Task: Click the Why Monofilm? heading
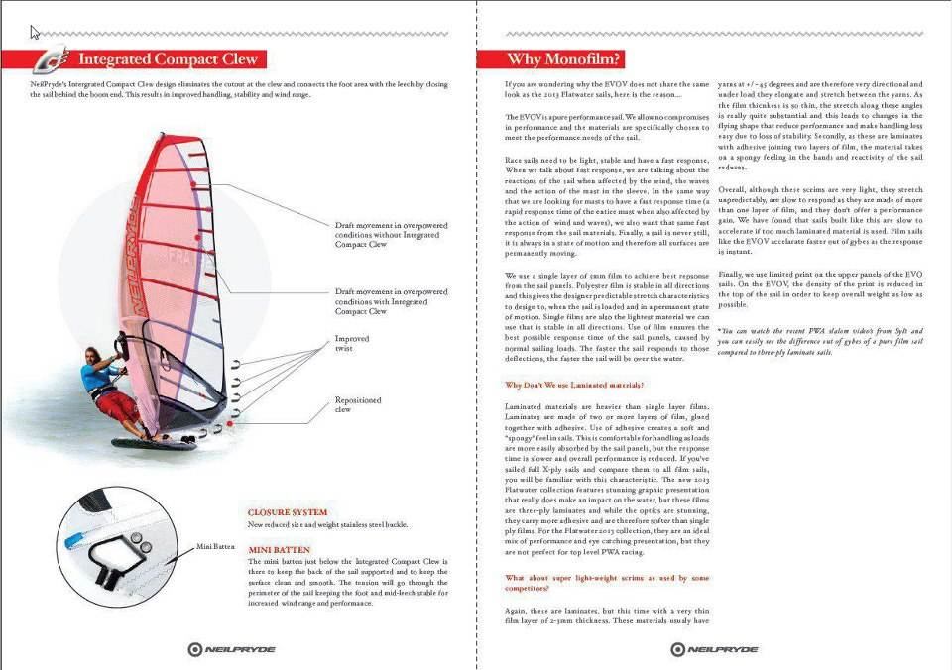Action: [564, 59]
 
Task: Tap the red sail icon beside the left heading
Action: [51, 59]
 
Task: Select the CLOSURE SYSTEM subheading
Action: [287, 512]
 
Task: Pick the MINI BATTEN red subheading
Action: [280, 548]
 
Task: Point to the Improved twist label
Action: [351, 344]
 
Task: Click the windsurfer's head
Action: [90, 354]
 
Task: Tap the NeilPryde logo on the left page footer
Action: [232, 650]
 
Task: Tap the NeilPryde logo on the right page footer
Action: [713, 650]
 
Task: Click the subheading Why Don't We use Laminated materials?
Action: [574, 384]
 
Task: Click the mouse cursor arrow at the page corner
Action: [35, 32]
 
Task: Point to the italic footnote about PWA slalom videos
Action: [820, 341]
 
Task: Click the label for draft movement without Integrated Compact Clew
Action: [391, 235]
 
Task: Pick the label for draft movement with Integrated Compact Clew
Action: [391, 301]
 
